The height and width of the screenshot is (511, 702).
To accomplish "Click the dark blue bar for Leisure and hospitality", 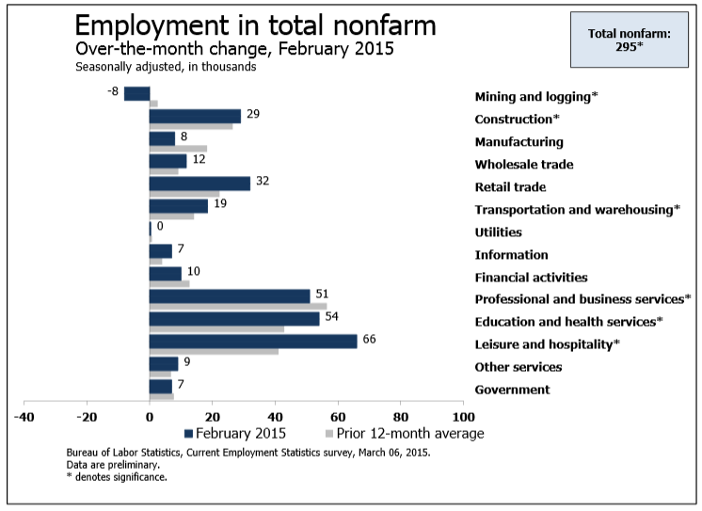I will coord(253,341).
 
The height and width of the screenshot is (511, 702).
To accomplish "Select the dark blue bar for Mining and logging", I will coord(137,93).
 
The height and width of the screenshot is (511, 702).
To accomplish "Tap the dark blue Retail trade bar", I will coord(199,183).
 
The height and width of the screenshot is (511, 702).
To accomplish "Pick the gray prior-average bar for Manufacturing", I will coord(178,149).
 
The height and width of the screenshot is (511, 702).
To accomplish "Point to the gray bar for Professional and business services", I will coord(238,306).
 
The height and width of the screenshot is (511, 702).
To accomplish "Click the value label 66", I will coord(370,339).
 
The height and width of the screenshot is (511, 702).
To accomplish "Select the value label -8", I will coord(113,90).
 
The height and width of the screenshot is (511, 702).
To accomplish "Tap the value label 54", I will coord(332,316).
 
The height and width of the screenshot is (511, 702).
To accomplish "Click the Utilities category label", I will coord(499,232).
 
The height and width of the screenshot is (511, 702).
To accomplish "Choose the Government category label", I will coord(512,390).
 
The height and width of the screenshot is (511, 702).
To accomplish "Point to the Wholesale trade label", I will coord(524,165).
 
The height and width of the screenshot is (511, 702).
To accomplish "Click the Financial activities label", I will coord(531,278).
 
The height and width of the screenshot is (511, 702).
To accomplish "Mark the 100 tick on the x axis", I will coord(463,417).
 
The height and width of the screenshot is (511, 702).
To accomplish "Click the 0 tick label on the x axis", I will coord(150,417).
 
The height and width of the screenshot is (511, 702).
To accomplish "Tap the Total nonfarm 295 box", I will coord(629,40).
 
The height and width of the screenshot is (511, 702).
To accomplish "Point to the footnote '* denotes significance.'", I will coord(116,477).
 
